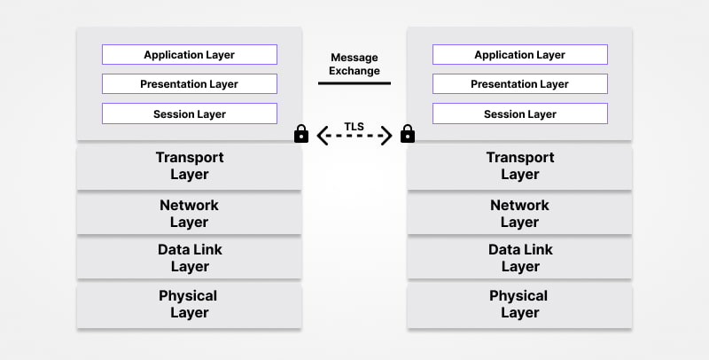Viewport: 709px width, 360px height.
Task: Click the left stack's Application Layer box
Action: tap(189, 55)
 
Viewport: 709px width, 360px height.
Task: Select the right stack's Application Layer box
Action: tap(519, 55)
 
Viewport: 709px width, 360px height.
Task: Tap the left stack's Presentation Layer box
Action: tap(189, 84)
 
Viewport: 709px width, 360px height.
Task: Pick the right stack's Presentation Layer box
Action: tap(519, 84)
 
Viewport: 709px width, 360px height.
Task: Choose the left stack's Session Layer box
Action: tap(189, 114)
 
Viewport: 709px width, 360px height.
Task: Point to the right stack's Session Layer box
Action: tap(519, 114)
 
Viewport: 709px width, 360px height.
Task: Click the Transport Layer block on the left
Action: tap(189, 166)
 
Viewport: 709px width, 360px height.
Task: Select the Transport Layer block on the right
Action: tap(519, 166)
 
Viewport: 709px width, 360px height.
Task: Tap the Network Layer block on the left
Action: tap(189, 214)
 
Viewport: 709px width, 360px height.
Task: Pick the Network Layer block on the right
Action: tap(519, 214)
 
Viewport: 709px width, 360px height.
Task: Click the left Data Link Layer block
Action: tap(189, 258)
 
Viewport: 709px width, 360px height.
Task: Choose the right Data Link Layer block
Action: tap(519, 258)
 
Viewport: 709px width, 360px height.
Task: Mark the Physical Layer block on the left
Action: tap(189, 304)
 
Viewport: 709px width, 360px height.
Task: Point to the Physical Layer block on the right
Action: tap(519, 304)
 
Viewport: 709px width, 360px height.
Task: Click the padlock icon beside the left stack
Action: tap(301, 134)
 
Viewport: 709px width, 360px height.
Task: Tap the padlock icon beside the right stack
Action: tap(408, 134)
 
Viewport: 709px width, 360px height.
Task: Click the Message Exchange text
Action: tap(354, 63)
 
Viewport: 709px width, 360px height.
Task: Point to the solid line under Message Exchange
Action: tap(354, 83)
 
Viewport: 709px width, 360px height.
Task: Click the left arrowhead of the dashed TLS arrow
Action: tap(322, 136)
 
